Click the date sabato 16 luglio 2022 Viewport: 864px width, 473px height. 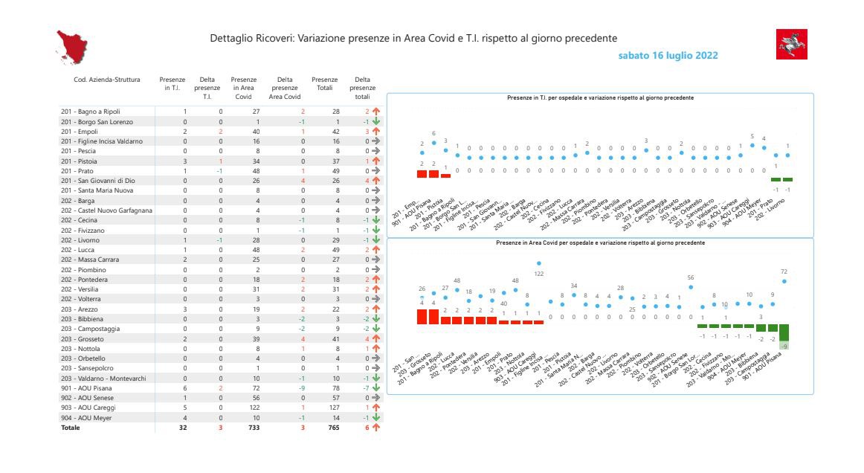click(668, 56)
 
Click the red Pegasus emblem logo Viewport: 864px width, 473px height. click(791, 45)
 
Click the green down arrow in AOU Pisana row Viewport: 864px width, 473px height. click(375, 388)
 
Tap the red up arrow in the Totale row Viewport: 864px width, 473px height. click(375, 428)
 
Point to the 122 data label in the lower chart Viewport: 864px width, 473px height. click(539, 274)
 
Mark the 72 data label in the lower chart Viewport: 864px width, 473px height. click(784, 271)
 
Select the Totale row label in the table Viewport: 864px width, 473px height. click(71, 428)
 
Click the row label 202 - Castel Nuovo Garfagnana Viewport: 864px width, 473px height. click(106, 210)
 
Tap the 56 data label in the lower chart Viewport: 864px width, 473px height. click(691, 277)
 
